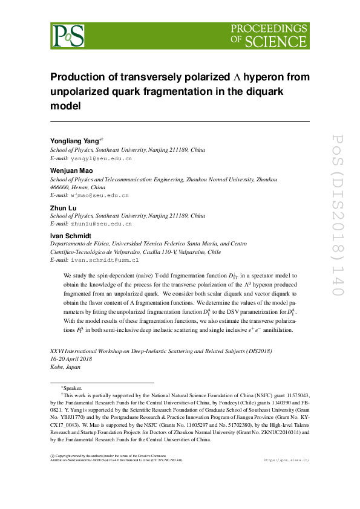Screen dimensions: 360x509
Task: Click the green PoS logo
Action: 67,36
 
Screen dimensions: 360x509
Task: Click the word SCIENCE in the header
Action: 276,41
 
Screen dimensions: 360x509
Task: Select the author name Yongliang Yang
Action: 75,141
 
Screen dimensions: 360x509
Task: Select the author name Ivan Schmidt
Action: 70,235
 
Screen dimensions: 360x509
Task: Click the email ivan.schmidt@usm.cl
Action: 105,260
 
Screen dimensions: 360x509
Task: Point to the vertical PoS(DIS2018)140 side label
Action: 338,215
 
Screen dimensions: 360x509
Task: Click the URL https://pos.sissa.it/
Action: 287,460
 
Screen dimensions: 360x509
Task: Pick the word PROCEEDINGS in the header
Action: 269,28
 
